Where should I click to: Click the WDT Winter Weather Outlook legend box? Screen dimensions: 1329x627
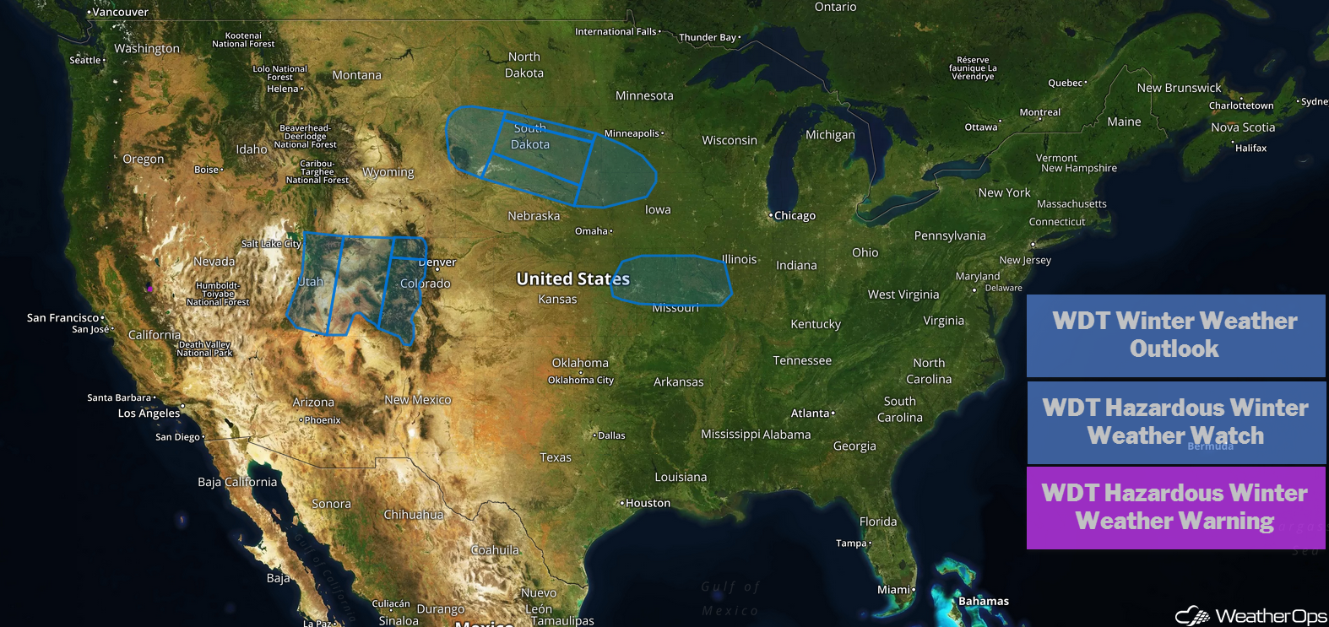pos(1175,335)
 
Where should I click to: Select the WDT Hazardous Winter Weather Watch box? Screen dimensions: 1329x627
pos(1175,422)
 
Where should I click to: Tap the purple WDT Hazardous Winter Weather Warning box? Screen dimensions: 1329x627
pos(1175,507)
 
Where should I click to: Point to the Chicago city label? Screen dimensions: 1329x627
pos(795,216)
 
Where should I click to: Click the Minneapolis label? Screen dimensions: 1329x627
pos(632,133)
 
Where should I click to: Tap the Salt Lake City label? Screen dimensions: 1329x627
pos(271,244)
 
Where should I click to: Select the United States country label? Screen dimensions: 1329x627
pos(572,278)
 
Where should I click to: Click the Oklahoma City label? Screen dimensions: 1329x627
pos(581,381)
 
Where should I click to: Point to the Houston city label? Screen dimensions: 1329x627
pos(648,503)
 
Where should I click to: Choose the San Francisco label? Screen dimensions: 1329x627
pos(62,318)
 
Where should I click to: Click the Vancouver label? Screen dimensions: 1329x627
pos(120,13)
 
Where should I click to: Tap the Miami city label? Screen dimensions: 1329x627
pos(893,590)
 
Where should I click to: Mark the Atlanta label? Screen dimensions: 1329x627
pos(811,413)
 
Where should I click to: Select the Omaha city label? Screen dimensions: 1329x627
pos(591,231)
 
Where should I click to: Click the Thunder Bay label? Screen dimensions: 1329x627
pos(708,37)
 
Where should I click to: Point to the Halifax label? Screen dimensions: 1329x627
pos(1250,149)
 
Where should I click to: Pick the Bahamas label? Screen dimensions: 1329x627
pos(984,602)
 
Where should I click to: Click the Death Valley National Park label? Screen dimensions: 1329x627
pos(204,349)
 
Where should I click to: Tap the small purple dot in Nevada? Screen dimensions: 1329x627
pos(150,289)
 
